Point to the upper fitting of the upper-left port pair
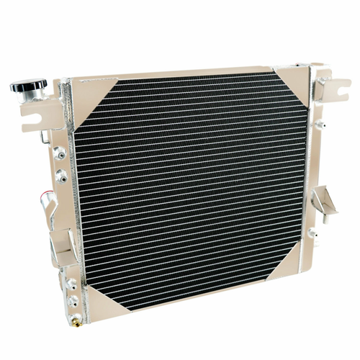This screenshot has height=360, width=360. point(57,152)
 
